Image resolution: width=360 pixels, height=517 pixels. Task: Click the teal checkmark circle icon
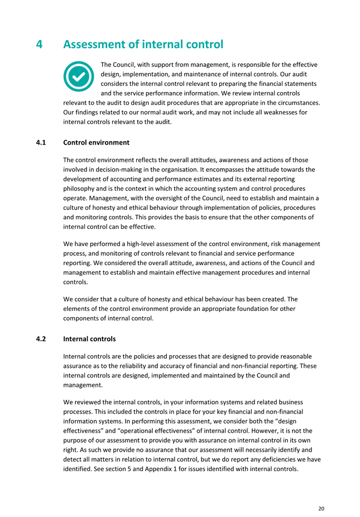point(79,76)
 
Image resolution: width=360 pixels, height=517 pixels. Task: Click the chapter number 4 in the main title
point(40,44)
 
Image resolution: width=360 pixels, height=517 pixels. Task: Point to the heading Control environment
point(97,142)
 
